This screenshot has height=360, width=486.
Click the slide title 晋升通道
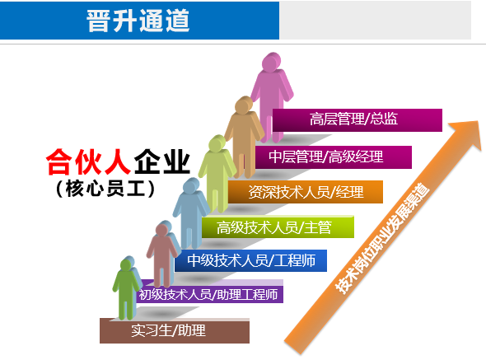point(138,21)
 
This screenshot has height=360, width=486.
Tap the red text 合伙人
point(88,161)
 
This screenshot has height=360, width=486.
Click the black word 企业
point(161,161)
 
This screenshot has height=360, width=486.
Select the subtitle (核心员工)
point(105,189)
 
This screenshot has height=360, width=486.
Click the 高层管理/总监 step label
point(353,119)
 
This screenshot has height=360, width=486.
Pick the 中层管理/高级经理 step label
point(325,157)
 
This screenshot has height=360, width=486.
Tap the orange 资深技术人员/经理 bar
point(306,192)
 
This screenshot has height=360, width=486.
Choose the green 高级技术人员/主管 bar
point(278,227)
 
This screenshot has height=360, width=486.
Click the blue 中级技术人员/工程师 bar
point(250,260)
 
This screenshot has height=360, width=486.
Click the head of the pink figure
point(271,62)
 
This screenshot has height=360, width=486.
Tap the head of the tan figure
point(244,105)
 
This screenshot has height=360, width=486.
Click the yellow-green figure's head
point(217,143)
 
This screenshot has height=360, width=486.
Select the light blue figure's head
point(191,186)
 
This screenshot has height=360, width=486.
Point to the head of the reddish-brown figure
point(162,230)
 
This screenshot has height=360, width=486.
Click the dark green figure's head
point(127,264)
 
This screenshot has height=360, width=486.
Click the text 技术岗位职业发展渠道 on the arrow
point(383,239)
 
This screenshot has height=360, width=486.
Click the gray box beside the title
point(375,20)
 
